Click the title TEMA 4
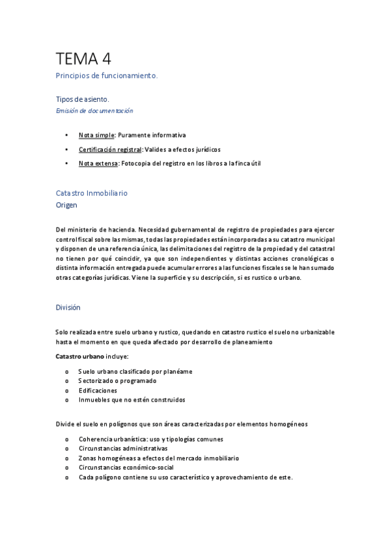83,59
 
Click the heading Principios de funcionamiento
107,76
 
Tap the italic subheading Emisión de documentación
94,110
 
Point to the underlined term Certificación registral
109,149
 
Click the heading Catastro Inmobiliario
92,194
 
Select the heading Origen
66,205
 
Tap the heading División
68,306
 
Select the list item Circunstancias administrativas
122,449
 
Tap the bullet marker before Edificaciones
67,390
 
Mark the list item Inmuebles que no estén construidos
132,399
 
